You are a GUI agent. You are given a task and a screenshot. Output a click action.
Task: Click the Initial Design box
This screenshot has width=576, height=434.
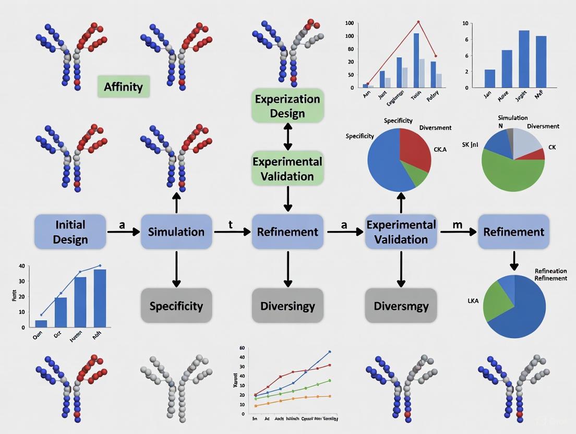coord(70,232)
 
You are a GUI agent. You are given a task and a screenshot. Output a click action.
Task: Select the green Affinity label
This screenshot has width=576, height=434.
coord(123,87)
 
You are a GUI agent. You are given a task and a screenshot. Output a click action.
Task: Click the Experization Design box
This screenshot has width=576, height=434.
coord(287,106)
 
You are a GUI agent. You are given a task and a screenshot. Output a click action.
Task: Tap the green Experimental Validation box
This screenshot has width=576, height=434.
coord(287,168)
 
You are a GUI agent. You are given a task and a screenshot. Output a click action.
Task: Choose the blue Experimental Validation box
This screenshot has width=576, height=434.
coord(401,232)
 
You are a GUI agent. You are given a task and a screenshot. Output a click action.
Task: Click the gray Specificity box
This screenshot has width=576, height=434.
coord(176,306)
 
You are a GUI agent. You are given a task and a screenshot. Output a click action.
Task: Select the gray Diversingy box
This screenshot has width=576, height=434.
coord(287,306)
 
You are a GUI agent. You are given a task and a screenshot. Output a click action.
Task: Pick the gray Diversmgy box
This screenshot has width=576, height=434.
coord(401,306)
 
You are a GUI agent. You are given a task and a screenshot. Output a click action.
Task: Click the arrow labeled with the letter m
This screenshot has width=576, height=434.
coord(458,232)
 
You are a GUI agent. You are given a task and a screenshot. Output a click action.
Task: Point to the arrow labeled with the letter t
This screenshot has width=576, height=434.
coord(232,232)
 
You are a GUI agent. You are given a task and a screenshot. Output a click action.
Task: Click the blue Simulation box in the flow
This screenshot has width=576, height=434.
coord(176,232)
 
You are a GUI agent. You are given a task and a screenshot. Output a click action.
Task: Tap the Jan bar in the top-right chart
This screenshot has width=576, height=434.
coord(489,78)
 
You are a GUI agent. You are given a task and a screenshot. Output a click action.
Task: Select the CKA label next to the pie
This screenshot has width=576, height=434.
coord(440,149)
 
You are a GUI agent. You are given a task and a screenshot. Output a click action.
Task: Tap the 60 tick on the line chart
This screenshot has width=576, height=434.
coord(242,348)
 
